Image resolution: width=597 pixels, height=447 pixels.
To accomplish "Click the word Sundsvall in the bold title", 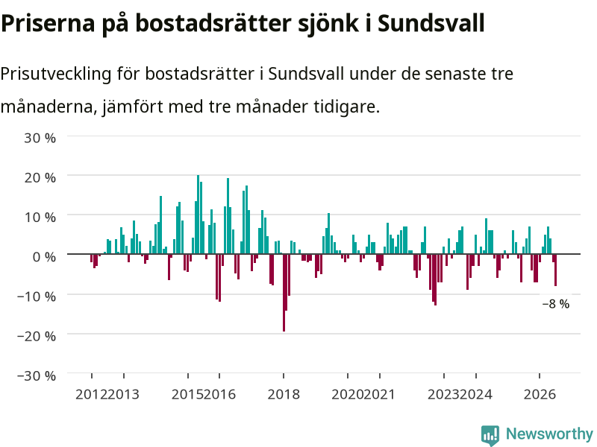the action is click(431, 23).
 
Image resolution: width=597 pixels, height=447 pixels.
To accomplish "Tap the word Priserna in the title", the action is click(48, 23).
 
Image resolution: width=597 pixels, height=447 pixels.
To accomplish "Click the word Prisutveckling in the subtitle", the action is click(56, 74).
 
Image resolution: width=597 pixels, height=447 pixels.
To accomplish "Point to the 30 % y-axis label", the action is click(40, 138).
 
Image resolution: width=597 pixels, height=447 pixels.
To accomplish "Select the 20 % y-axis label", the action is click(40, 177).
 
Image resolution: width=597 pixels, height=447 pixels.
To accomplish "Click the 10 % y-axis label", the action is click(40, 217).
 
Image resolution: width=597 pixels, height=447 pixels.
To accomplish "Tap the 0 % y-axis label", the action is click(44, 256).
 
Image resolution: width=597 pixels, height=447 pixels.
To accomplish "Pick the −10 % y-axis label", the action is click(37, 296).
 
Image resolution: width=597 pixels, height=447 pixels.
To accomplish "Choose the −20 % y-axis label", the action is click(37, 336).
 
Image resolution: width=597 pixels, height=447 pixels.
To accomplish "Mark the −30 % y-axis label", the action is click(37, 375).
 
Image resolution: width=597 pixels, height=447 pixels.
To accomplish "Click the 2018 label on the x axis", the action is click(284, 394).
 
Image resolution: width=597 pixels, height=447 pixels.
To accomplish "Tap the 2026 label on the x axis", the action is click(540, 394).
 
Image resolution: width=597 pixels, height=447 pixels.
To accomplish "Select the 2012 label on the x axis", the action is click(91, 394).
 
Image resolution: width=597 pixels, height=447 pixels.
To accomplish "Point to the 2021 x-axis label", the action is click(379, 394).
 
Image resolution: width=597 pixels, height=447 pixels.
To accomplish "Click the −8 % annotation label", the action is click(556, 304).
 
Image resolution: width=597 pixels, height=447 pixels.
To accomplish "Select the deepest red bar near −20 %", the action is click(284, 293).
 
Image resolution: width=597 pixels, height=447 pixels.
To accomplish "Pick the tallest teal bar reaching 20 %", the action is click(198, 215).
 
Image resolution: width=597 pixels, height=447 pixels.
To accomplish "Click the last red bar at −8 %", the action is click(555, 270).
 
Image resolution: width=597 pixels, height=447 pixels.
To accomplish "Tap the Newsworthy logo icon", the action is click(490, 435).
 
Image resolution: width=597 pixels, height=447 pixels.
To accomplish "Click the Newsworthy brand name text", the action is click(549, 434).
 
